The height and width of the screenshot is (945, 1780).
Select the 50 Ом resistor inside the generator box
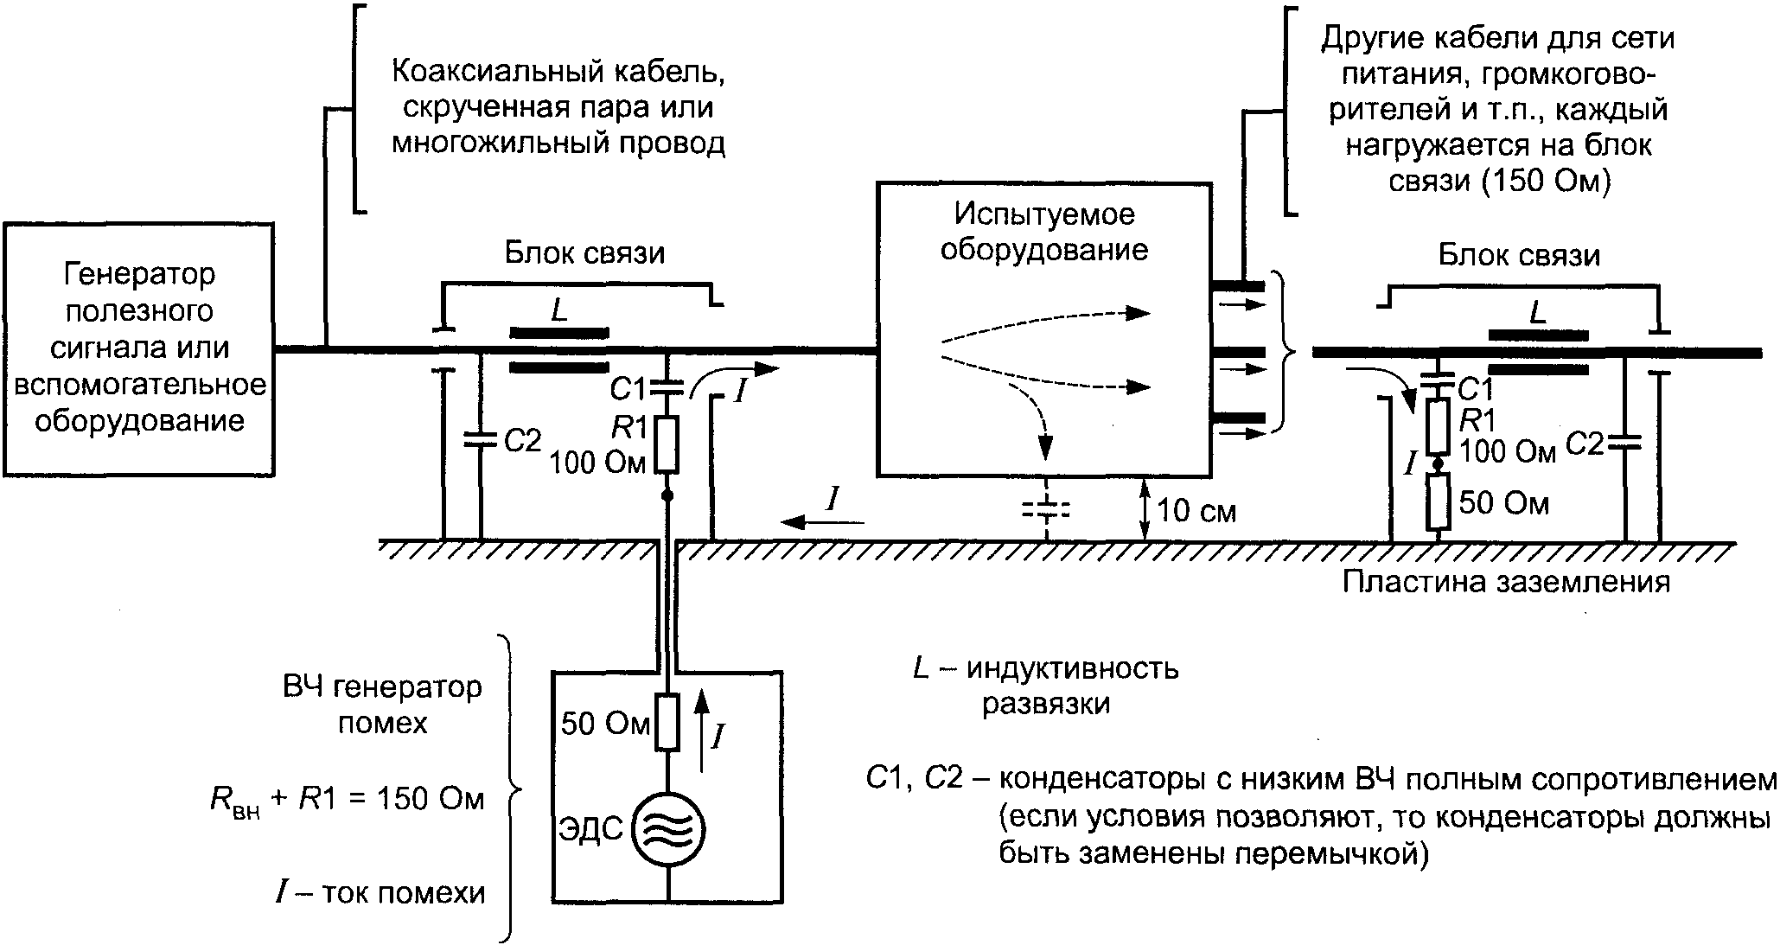coord(667,722)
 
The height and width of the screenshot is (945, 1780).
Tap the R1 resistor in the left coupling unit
coord(666,444)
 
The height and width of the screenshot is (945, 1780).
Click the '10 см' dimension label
coord(1196,511)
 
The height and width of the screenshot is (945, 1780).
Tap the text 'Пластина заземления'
coord(1505,581)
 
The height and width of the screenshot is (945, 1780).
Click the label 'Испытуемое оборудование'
coord(1043,232)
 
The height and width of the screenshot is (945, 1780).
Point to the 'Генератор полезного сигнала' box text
coord(138,348)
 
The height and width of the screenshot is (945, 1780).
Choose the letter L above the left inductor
coord(559,311)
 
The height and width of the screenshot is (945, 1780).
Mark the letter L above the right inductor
coord(1537,313)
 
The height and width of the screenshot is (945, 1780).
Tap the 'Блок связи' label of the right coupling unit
coord(1519,255)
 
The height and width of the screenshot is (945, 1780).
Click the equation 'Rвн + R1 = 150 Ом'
coord(347,799)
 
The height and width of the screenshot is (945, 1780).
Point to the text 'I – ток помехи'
coord(380,891)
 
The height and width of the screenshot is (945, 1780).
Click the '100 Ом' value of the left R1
coord(597,463)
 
